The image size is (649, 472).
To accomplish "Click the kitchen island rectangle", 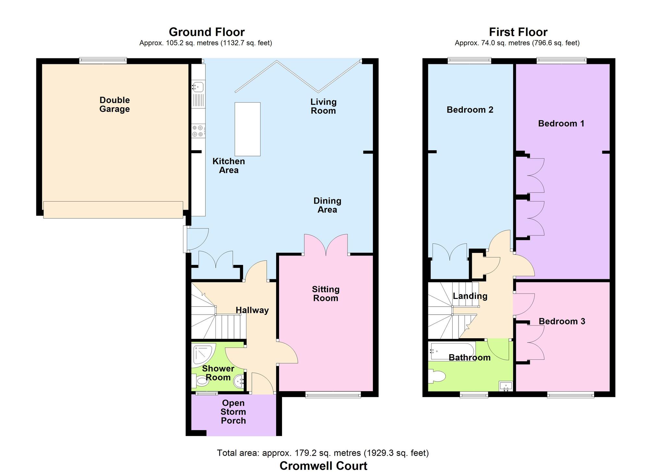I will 247,129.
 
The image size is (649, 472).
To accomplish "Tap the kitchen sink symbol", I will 198,87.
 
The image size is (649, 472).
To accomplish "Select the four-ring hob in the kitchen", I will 198,131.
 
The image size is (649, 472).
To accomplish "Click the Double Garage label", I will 115,105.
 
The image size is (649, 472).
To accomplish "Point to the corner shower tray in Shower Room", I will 203,354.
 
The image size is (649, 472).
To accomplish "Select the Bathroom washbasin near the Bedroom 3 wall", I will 506,386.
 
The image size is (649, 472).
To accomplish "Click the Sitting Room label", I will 325,294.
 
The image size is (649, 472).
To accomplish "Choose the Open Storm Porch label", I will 233,412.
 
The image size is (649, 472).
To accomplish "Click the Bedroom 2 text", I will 470,110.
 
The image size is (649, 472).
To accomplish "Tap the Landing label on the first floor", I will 470,296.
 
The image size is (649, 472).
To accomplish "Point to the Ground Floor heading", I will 206,32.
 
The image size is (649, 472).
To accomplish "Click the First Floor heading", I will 518,32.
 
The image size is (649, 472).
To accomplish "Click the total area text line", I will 323,453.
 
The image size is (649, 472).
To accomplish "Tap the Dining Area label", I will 327,205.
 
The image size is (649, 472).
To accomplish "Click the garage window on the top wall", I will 103,60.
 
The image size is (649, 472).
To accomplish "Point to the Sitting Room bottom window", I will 333,395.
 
